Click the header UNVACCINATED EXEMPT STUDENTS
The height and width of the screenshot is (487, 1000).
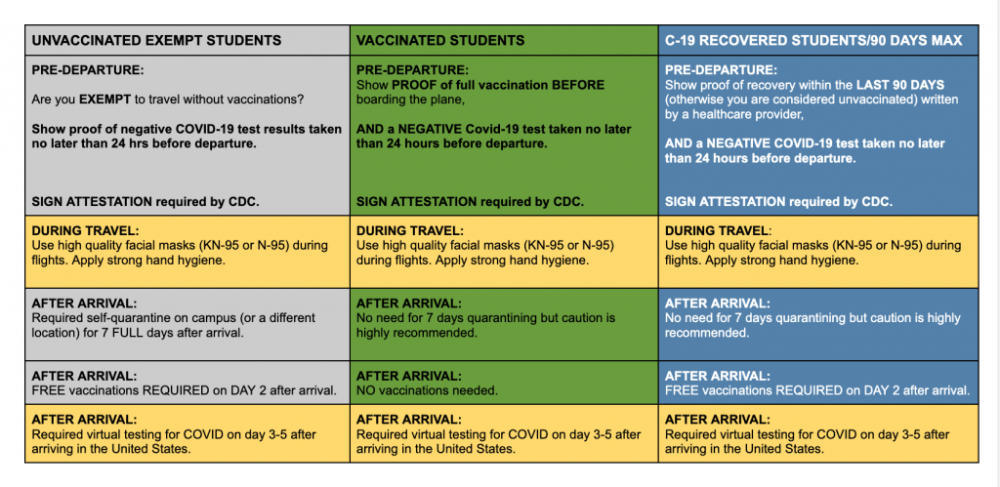click(156, 41)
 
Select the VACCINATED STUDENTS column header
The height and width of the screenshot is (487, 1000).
click(440, 41)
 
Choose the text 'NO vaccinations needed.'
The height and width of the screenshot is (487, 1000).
click(427, 390)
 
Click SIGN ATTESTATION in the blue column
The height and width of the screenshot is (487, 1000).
click(726, 202)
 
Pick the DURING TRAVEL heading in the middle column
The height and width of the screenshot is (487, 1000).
click(409, 230)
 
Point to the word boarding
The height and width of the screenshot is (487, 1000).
click(380, 101)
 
